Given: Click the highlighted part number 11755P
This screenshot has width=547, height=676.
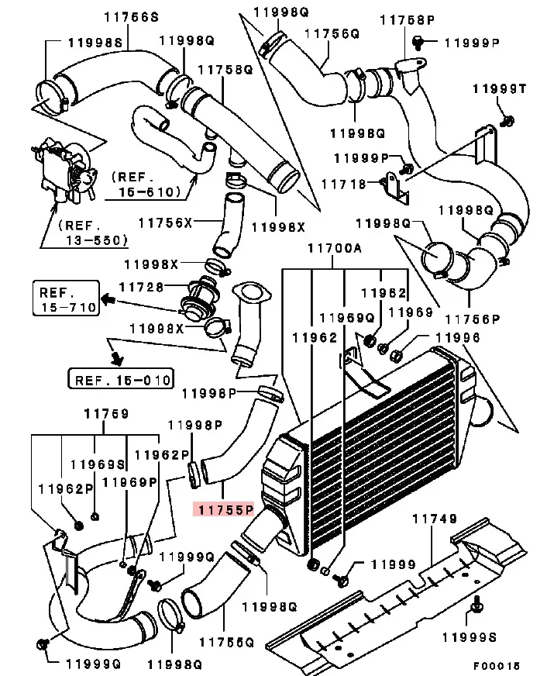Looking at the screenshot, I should coord(225,509).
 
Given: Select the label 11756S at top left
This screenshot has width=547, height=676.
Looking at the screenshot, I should coord(132,16).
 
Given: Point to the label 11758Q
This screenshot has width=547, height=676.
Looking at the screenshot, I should coord(226,69).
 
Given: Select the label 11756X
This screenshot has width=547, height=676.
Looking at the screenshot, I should coord(164,222).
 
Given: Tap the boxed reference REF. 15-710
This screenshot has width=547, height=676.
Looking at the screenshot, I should coord(65,299).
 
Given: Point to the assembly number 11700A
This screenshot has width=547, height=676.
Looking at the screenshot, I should coord(335,249).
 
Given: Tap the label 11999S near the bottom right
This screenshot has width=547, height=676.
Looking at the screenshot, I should coord(468,637).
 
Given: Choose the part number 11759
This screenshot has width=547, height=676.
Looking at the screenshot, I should coord(105,415).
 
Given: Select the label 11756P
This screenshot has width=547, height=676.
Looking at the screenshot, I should coord(470,319).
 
